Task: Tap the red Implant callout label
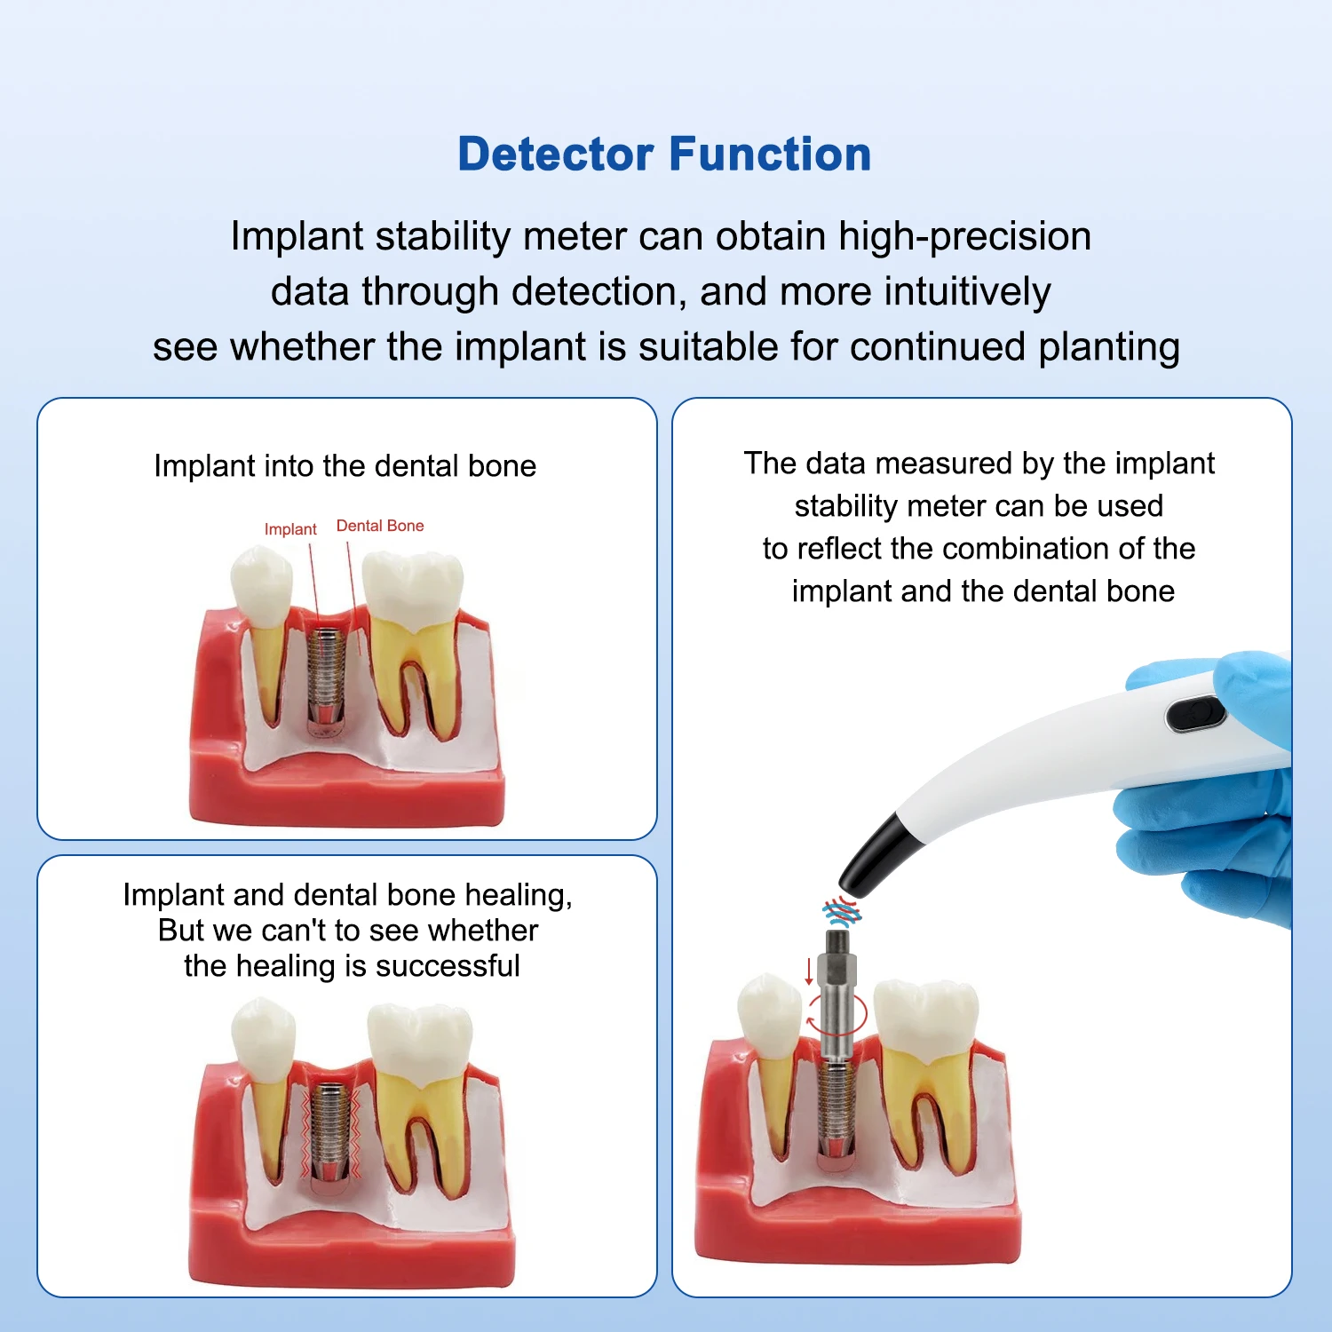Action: point(290,529)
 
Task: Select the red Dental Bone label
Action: point(380,526)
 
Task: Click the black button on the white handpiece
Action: point(1195,715)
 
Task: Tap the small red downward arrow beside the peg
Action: point(809,970)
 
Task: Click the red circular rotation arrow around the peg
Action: point(836,1013)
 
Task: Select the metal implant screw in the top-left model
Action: point(327,679)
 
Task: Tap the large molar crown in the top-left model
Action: point(413,586)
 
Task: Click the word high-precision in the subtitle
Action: point(964,236)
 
